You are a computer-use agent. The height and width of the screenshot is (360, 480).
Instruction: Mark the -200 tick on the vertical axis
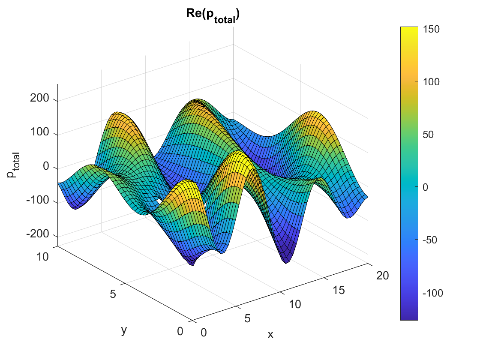click(x=40, y=235)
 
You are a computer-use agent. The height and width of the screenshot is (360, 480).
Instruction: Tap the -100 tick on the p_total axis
click(x=40, y=201)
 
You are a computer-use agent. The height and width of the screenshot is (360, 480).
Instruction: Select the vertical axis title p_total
click(x=12, y=168)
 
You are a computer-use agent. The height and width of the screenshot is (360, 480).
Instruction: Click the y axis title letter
click(x=124, y=330)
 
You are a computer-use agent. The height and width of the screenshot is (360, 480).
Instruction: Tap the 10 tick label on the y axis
click(x=42, y=256)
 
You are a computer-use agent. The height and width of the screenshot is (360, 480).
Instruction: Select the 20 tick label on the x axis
click(x=383, y=276)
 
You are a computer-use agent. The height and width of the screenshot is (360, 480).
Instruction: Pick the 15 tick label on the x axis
click(x=338, y=290)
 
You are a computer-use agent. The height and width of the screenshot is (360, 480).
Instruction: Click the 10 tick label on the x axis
click(x=294, y=304)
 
